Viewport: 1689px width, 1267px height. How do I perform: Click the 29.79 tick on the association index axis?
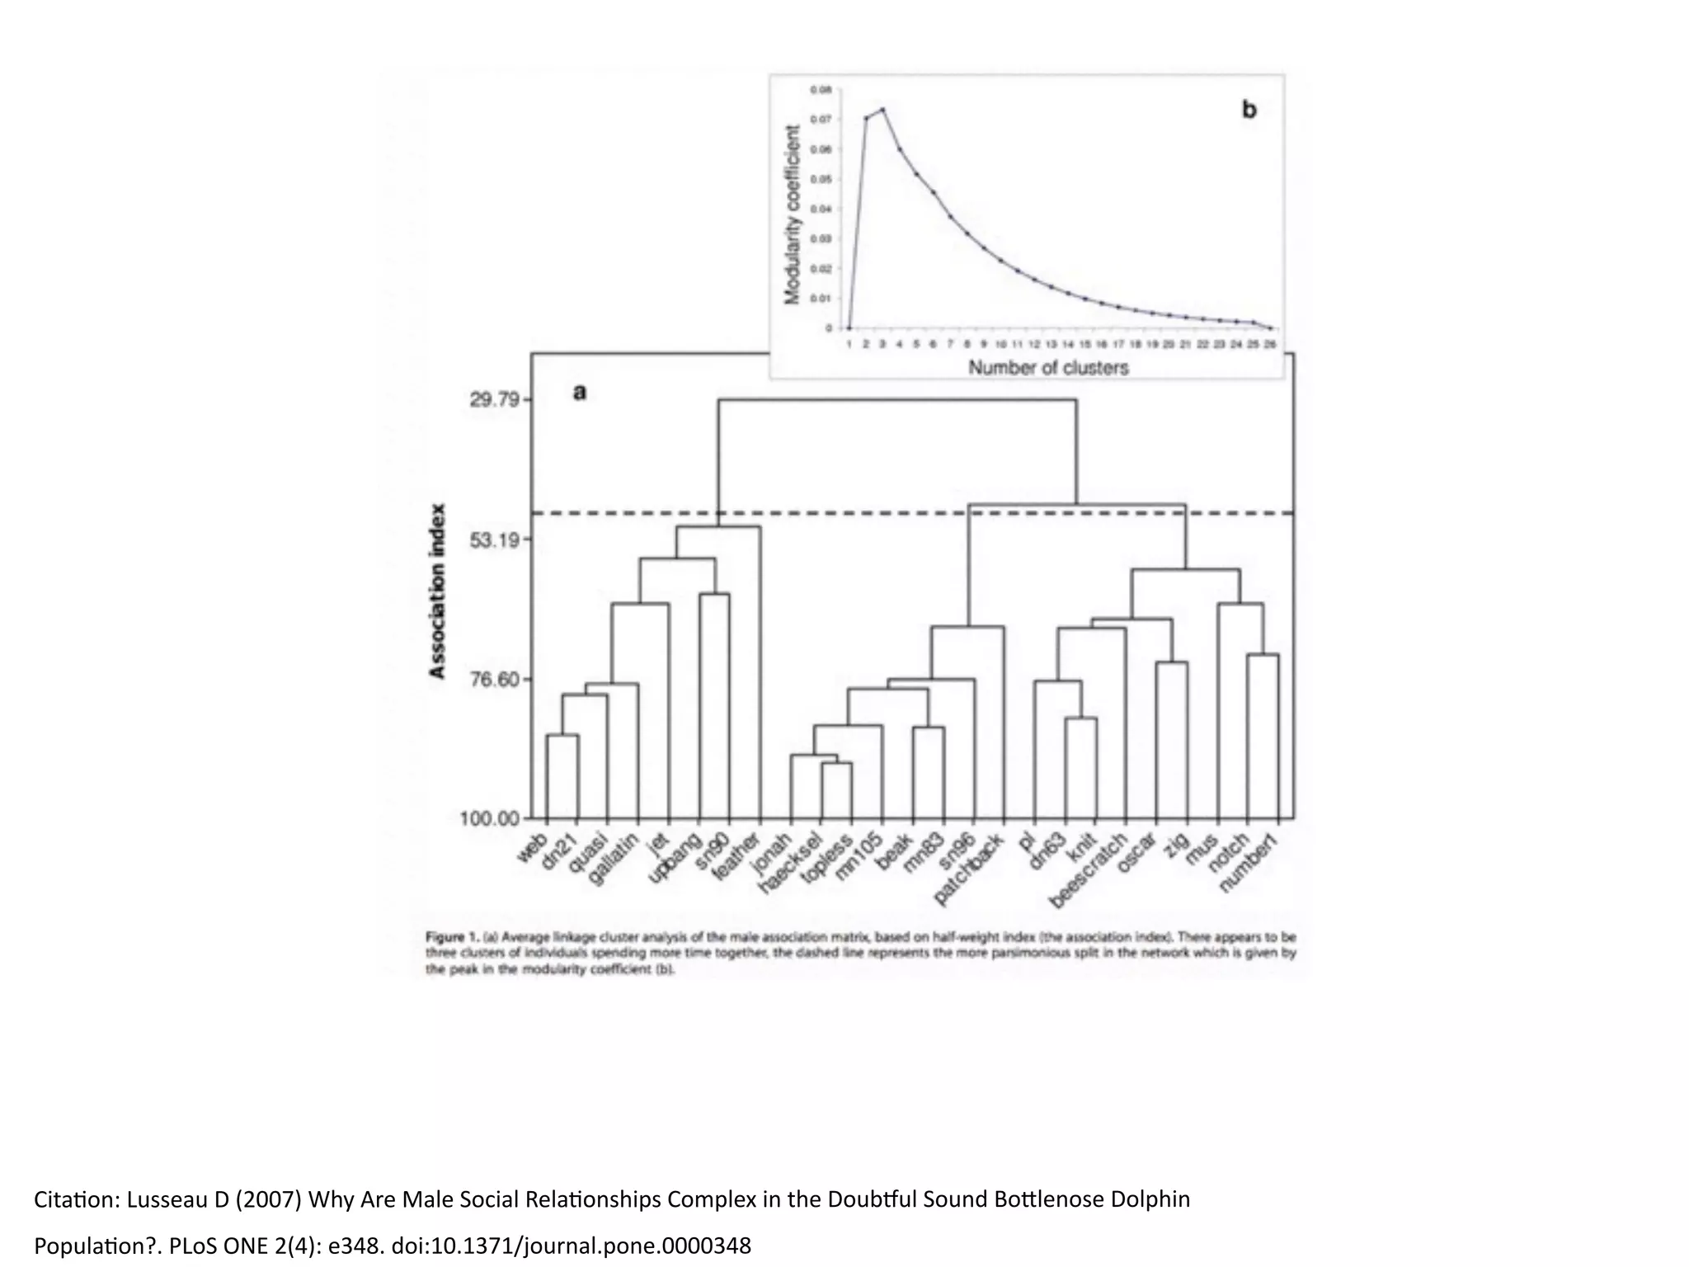pyautogui.click(x=495, y=400)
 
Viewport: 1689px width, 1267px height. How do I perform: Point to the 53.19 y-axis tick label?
pyautogui.click(x=495, y=540)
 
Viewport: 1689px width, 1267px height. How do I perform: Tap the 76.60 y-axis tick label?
pyautogui.click(x=495, y=680)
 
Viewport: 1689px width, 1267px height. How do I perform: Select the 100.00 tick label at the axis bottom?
pyautogui.click(x=490, y=819)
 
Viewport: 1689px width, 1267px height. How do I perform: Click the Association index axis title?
pyautogui.click(x=438, y=591)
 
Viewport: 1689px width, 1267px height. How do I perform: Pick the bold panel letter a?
pyautogui.click(x=580, y=393)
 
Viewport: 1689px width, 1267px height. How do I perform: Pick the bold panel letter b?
pyautogui.click(x=1249, y=110)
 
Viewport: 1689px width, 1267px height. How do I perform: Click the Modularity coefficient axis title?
pyautogui.click(x=793, y=214)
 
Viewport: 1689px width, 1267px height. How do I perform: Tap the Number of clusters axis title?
pyautogui.click(x=1047, y=368)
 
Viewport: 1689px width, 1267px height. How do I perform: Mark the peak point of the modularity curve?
pyautogui.click(x=882, y=109)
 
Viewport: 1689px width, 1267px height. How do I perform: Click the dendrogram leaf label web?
pyautogui.click(x=532, y=848)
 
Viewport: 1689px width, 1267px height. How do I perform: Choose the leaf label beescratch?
pyautogui.click(x=1089, y=870)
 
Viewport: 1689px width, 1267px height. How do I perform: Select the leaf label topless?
pyautogui.click(x=829, y=858)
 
